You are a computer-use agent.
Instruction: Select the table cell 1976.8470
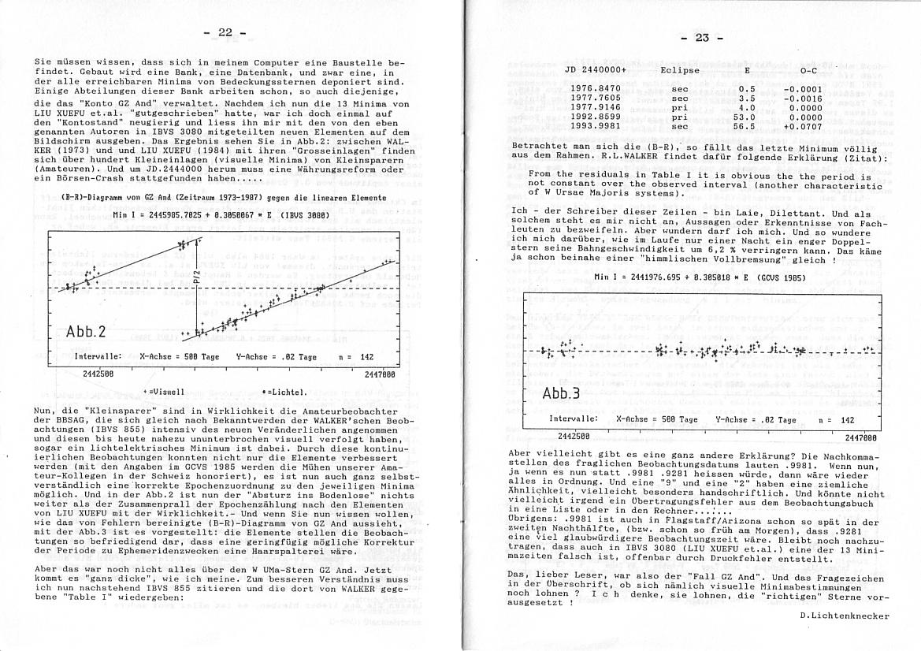595,89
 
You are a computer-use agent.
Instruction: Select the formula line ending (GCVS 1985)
698,277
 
